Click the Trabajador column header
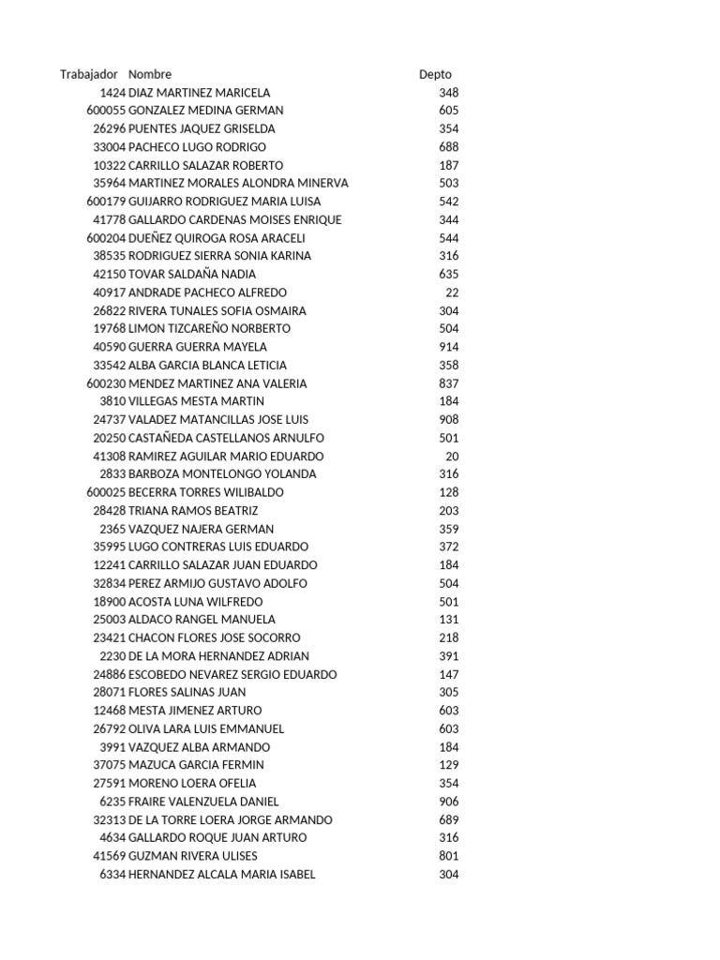point(89,74)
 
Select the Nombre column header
point(150,74)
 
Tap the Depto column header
point(435,74)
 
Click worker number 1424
point(112,93)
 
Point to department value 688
point(448,147)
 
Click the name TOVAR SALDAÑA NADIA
point(191,274)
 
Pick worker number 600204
point(105,238)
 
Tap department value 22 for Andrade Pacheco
point(452,292)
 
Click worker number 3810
point(112,401)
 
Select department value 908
point(448,419)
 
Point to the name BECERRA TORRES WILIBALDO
point(205,492)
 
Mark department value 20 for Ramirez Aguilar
point(452,456)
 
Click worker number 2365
point(112,529)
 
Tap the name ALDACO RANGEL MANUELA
point(202,620)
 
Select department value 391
point(448,656)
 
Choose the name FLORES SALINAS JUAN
point(187,692)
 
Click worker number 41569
point(109,856)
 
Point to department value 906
point(448,802)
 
